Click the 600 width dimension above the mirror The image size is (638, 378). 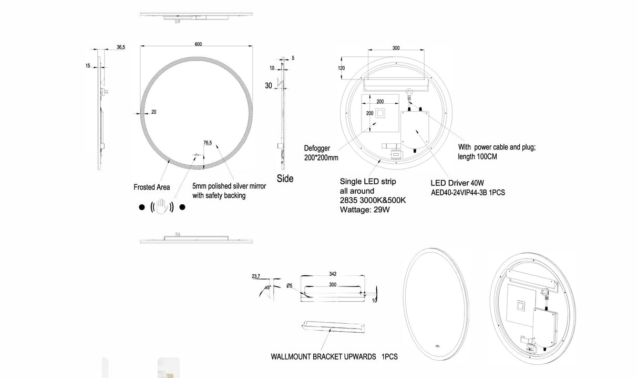198,44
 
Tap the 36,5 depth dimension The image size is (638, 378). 120,47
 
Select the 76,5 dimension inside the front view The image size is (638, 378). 208,142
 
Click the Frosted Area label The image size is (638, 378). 152,187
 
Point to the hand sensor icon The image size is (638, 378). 162,207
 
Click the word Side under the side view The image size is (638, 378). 285,178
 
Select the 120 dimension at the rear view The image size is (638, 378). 342,68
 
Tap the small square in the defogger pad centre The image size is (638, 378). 379,114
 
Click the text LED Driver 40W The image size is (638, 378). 457,183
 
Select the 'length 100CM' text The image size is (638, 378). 478,157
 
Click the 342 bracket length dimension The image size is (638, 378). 333,274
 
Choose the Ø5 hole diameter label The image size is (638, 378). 290,286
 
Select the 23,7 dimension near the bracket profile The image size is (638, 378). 256,276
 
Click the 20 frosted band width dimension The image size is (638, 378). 153,112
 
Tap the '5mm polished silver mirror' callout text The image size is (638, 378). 229,186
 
